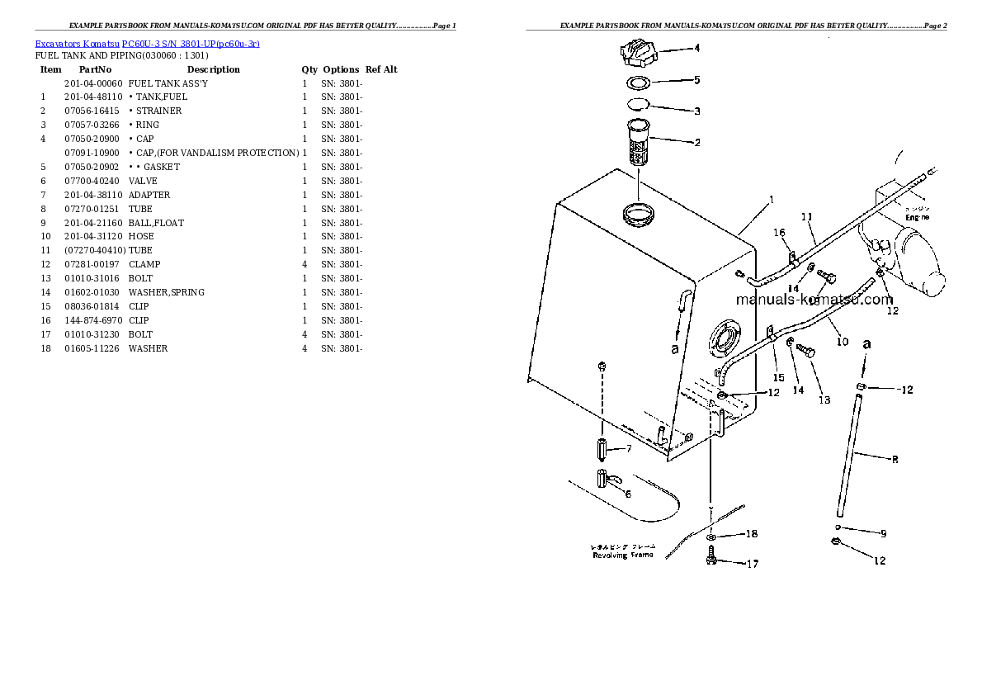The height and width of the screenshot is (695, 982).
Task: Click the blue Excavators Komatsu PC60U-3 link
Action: (x=147, y=44)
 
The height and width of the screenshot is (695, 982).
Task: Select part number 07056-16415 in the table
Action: (x=91, y=111)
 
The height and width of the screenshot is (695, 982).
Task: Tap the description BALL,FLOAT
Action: (x=156, y=223)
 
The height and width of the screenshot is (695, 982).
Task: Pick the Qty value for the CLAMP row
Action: (x=305, y=265)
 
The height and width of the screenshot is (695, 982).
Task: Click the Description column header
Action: (x=213, y=70)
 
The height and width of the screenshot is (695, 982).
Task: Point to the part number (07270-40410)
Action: (x=94, y=250)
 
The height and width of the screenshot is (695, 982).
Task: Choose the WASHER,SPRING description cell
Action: (x=167, y=293)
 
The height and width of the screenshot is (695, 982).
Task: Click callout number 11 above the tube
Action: (x=806, y=217)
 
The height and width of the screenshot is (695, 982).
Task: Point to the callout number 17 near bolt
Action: (x=752, y=565)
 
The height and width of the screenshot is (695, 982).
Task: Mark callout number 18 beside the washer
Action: (x=751, y=534)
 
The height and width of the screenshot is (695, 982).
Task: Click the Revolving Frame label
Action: (x=622, y=555)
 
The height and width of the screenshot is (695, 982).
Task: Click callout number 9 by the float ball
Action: (x=882, y=533)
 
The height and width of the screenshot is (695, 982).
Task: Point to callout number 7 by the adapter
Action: (x=628, y=449)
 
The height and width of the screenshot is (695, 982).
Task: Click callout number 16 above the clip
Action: (x=778, y=234)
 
